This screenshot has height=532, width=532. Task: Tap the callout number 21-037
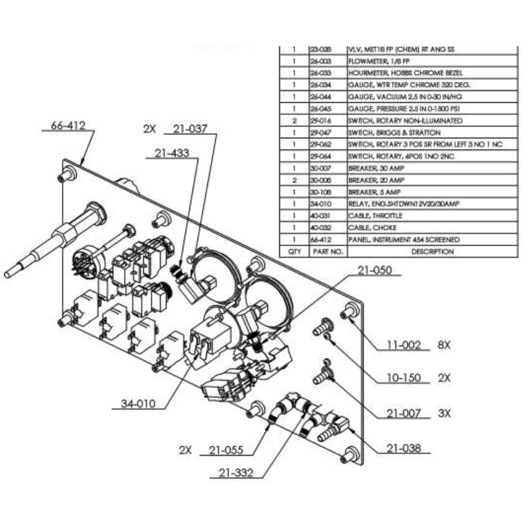click(x=190, y=129)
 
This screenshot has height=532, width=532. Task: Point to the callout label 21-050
click(x=373, y=271)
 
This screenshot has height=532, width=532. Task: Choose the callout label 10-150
click(x=402, y=377)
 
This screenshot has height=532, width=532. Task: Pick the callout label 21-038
click(x=404, y=449)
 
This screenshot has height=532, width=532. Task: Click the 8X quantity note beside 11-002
click(x=444, y=345)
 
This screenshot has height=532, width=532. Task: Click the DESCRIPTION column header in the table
click(x=431, y=252)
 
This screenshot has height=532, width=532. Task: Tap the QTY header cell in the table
click(x=294, y=252)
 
